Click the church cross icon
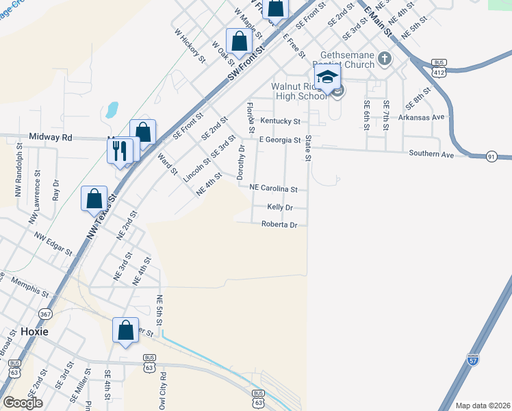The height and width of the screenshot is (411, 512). coord(384,58)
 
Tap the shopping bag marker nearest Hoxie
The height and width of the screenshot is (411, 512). coord(126,332)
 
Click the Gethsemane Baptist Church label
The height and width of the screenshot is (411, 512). coord(347,60)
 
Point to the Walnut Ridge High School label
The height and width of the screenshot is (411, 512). coord(299,91)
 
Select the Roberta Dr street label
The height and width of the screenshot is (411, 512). coord(279,225)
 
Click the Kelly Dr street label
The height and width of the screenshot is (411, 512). coord(280,208)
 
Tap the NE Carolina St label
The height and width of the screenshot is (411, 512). coord(273,188)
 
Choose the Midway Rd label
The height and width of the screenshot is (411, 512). coord(51,137)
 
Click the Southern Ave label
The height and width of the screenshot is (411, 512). coord(431,155)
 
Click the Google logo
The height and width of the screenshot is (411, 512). coord(23,403)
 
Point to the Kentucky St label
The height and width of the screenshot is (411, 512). coord(280,122)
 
